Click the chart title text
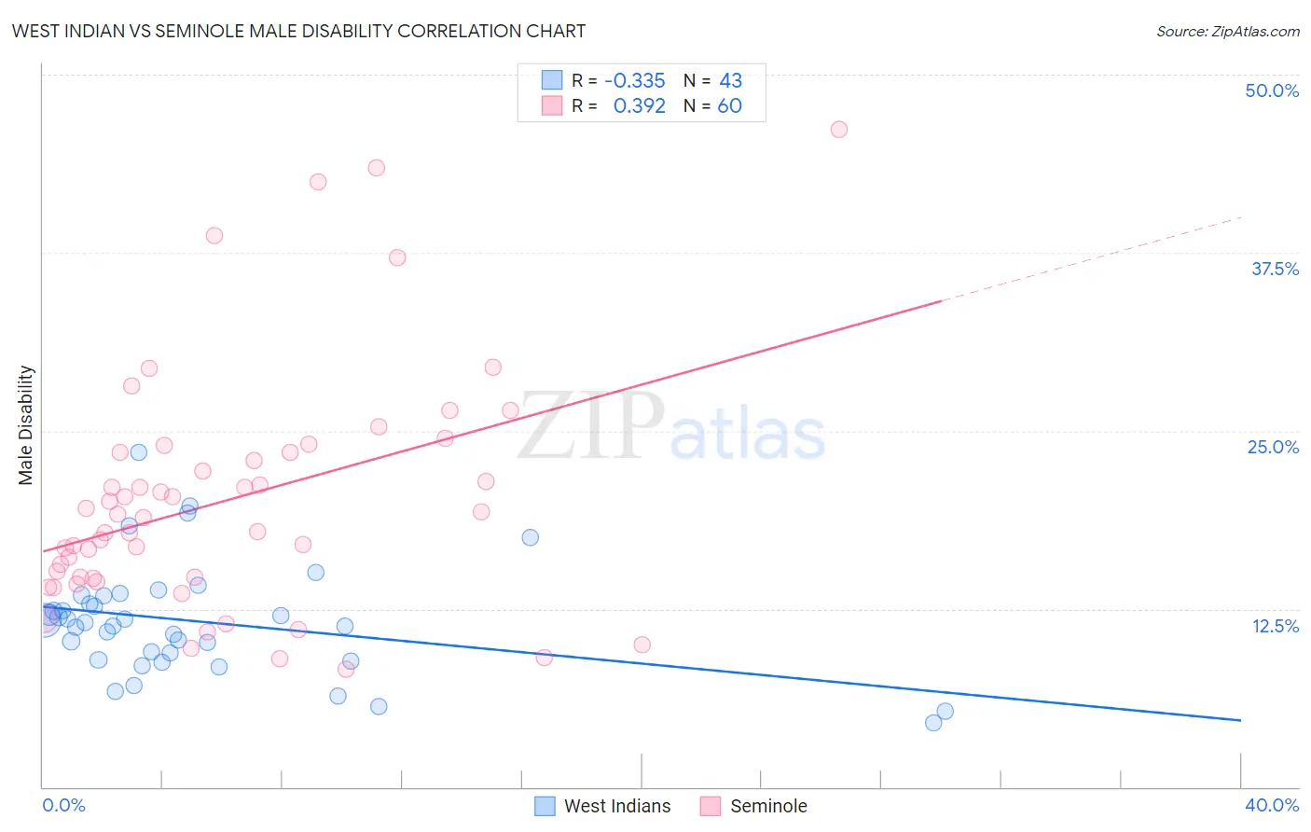click(x=298, y=31)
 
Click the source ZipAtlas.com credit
click(x=1227, y=31)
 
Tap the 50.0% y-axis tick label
click(x=1272, y=90)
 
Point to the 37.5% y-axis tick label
click(x=1275, y=269)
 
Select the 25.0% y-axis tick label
click(x=1273, y=447)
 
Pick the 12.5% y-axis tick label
click(x=1275, y=626)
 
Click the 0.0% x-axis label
click(x=63, y=805)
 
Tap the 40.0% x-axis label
click(x=1272, y=805)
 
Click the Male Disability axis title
click(x=26, y=425)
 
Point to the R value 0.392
click(x=639, y=106)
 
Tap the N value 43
click(x=730, y=81)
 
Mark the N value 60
click(x=729, y=106)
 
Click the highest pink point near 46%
click(x=839, y=130)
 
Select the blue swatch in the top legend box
click(x=552, y=80)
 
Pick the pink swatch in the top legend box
click(x=552, y=105)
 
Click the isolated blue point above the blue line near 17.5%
click(x=531, y=537)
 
